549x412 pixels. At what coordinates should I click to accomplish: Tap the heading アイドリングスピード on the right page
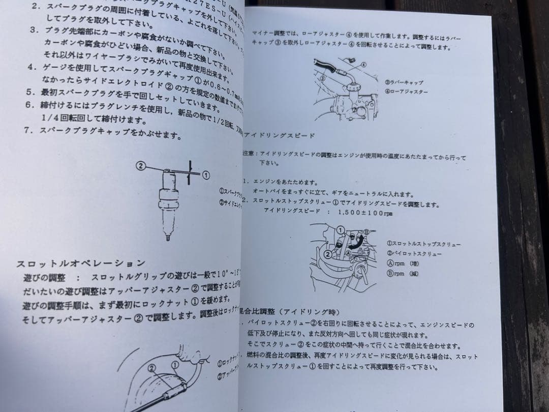pyautogui.click(x=279, y=135)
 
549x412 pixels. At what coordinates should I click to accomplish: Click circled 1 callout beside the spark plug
pyautogui.click(x=206, y=174)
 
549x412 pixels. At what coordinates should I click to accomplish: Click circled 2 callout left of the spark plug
pyautogui.click(x=141, y=165)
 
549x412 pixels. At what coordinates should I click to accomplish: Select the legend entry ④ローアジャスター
pyautogui.click(x=406, y=92)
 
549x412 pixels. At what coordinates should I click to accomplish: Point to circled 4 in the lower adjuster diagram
pyautogui.click(x=364, y=65)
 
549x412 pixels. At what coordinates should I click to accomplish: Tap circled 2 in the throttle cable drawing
pyautogui.click(x=151, y=367)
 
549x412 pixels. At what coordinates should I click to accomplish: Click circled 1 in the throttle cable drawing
pyautogui.click(x=174, y=364)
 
